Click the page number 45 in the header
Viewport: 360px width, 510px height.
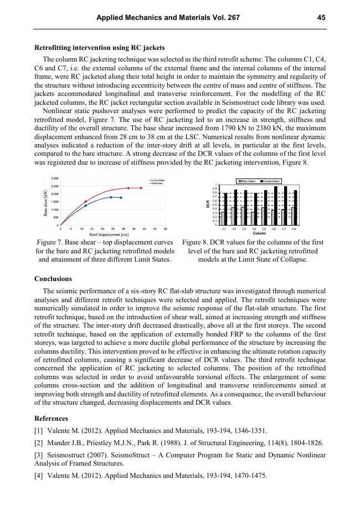coord(321,18)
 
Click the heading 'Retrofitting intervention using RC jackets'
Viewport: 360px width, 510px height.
coord(100,48)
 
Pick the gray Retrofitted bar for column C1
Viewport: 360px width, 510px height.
coord(223,218)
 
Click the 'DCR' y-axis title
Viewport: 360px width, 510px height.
coord(208,204)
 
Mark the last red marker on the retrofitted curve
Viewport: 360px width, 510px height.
coord(141,188)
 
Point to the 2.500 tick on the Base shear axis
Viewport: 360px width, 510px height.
coord(55,186)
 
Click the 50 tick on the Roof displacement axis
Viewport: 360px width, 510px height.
coord(150,228)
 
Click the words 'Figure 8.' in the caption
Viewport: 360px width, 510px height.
coord(196,242)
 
